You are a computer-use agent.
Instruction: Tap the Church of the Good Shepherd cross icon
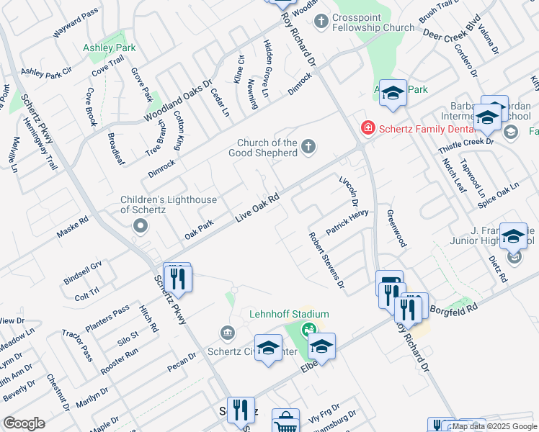click(x=308, y=148)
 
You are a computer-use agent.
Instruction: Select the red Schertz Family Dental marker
click(x=367, y=127)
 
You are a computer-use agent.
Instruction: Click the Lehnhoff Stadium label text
click(x=289, y=314)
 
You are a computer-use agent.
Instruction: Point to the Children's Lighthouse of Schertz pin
click(x=141, y=227)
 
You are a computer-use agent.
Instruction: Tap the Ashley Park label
click(x=109, y=48)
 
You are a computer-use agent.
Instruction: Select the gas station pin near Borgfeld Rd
click(x=390, y=282)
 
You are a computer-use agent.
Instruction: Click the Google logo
click(x=24, y=423)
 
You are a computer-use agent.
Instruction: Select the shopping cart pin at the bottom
click(x=285, y=421)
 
